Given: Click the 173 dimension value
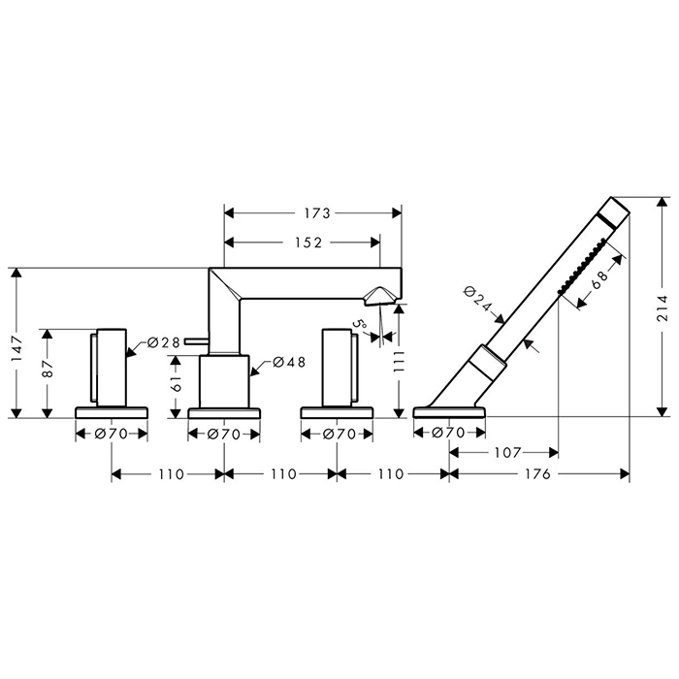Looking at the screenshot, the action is pyautogui.click(x=317, y=213).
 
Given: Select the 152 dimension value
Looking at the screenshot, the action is pyautogui.click(x=308, y=242).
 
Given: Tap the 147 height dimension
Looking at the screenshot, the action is pyautogui.click(x=16, y=349).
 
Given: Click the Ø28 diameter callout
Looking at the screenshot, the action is pyautogui.click(x=163, y=342).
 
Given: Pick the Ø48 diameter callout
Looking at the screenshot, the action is pyautogui.click(x=289, y=362).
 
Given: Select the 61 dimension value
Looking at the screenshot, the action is pyautogui.click(x=177, y=383).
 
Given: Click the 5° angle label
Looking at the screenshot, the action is pyautogui.click(x=359, y=325).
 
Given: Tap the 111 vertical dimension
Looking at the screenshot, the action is pyautogui.click(x=399, y=362).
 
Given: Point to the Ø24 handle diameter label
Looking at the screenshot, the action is pyautogui.click(x=477, y=299).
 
